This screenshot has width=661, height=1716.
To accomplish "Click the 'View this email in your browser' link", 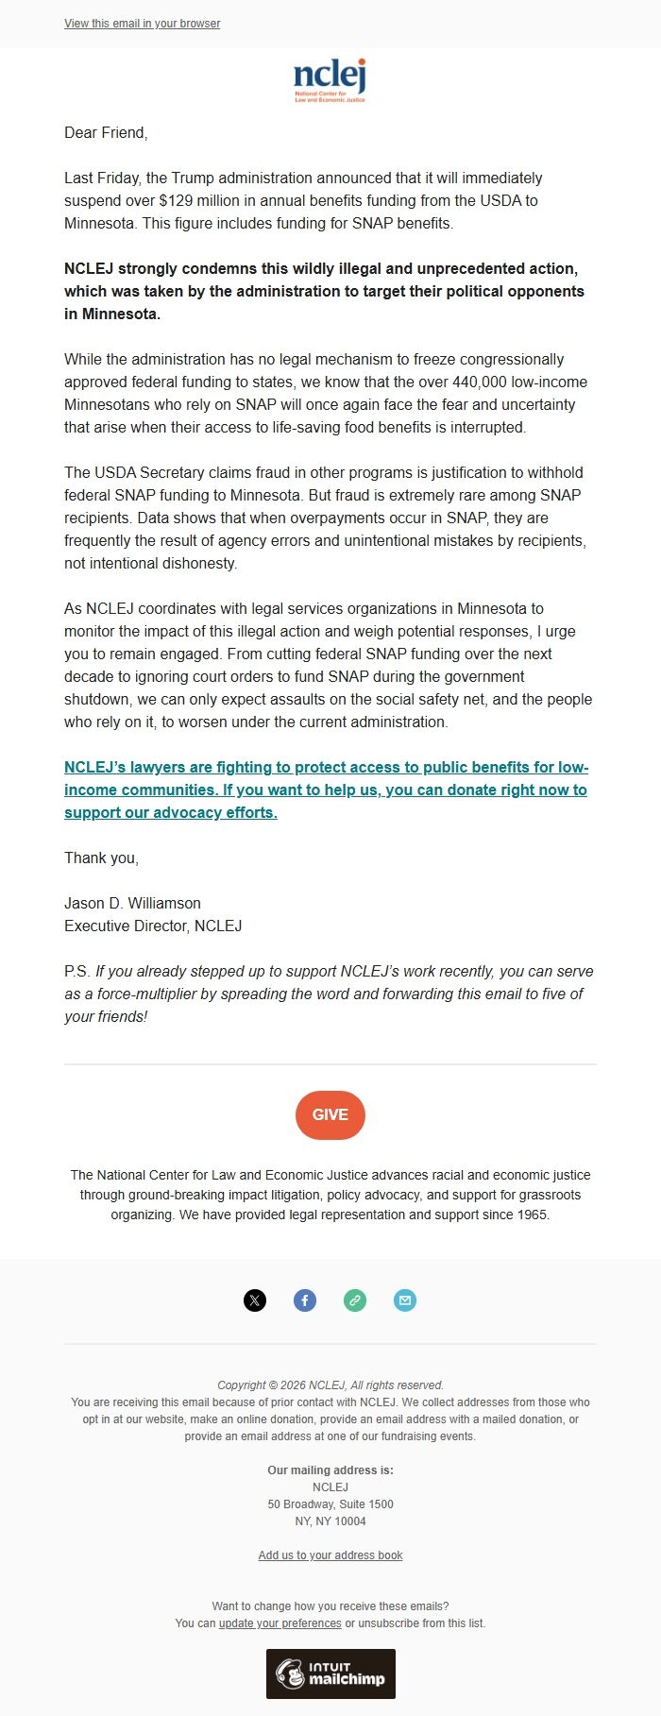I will [x=142, y=24].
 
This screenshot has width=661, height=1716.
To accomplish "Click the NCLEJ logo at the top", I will [x=330, y=79].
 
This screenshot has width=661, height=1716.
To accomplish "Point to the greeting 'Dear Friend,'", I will [x=106, y=132].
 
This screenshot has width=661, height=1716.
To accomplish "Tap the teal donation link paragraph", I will [x=326, y=790].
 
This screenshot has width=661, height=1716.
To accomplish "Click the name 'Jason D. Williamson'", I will [x=132, y=903].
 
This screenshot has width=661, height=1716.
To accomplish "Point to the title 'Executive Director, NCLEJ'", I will [x=153, y=926].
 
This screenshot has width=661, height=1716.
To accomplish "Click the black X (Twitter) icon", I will [x=255, y=1300].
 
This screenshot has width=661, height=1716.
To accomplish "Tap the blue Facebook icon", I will [x=305, y=1300].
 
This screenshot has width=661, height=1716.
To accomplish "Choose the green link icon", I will [x=355, y=1300].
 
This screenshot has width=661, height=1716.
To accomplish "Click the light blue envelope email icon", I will [x=405, y=1300].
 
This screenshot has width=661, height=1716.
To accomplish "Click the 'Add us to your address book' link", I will [x=330, y=1555].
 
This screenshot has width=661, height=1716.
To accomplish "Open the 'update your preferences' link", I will [x=280, y=1623].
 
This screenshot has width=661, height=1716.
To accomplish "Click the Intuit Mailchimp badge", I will [x=330, y=1674].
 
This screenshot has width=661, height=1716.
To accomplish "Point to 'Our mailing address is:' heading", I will [x=330, y=1470].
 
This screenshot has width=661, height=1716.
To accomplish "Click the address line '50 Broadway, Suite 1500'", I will [x=330, y=1504].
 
